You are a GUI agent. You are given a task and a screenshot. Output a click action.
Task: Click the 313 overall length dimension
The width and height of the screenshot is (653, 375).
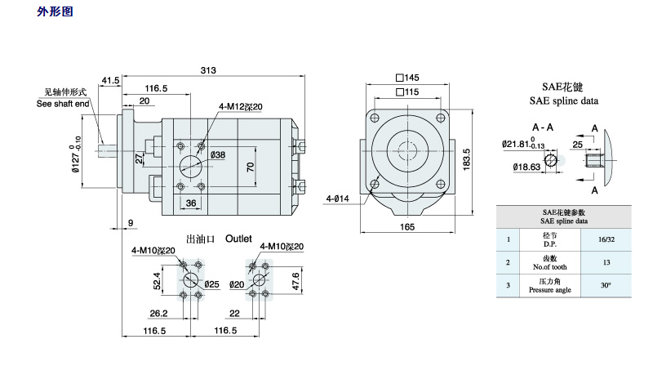coord(208,70)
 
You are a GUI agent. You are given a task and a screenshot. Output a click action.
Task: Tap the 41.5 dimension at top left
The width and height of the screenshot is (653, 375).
coord(110,80)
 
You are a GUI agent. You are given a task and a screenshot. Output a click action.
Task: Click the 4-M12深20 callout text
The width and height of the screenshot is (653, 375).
coord(239,106)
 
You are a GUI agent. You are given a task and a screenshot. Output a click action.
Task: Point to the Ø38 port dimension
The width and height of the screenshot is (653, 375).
coord(218,154)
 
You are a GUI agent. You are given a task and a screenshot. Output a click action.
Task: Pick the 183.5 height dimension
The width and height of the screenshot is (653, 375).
coord(467,155)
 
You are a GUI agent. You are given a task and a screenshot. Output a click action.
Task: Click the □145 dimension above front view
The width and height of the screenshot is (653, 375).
coord(406,78)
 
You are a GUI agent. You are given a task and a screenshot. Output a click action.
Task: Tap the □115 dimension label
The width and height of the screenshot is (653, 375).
coord(406,92)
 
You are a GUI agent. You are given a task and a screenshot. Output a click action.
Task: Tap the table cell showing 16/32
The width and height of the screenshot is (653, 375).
coord(606,239)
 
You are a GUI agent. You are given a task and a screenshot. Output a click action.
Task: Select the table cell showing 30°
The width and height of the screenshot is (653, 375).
coord(606,285)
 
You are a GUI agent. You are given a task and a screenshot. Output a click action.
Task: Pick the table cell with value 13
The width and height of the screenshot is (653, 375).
coord(606,262)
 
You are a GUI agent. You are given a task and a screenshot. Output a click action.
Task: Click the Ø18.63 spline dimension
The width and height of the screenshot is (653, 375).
coord(526,167)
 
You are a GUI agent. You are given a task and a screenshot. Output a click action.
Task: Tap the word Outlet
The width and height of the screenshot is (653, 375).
coord(241,239)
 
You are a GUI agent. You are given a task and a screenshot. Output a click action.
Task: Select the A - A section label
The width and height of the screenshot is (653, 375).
coord(544,128)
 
